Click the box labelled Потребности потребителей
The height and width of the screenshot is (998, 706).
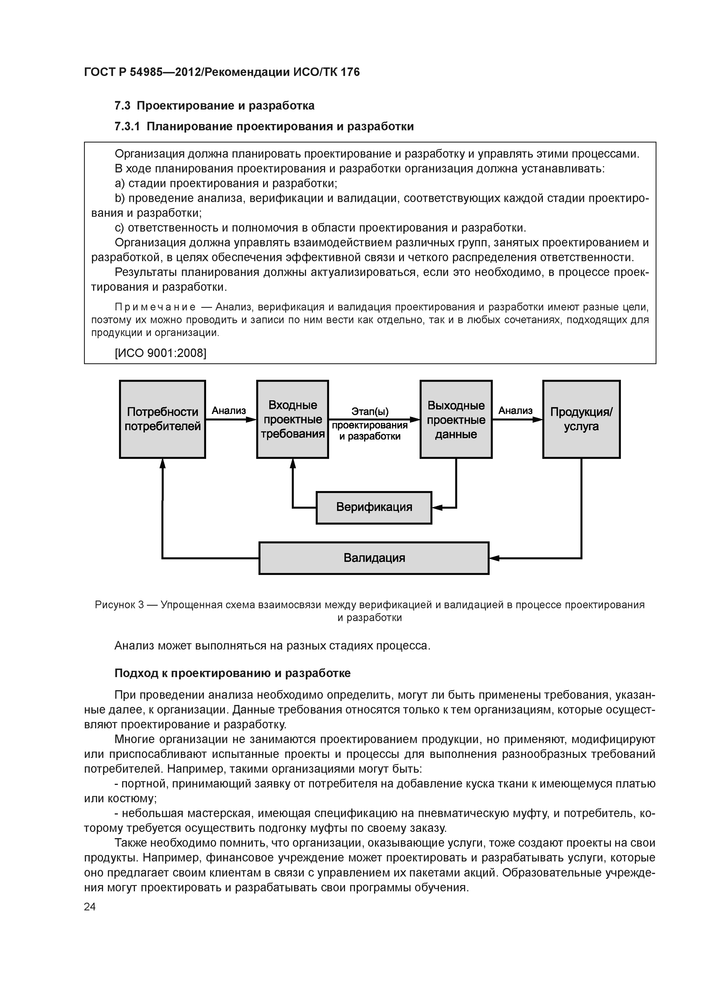[x=162, y=419]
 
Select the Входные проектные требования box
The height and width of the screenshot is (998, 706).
[x=292, y=419]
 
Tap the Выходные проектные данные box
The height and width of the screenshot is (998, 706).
[x=456, y=419]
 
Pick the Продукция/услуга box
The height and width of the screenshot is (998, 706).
[x=581, y=419]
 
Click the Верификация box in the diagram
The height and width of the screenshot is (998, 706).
[x=374, y=507]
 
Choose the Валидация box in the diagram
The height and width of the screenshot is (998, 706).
[x=374, y=558]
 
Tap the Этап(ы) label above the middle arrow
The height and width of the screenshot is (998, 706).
[x=370, y=411]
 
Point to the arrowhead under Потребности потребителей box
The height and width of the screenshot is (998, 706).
[x=163, y=463]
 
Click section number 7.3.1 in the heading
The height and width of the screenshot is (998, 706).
[x=127, y=127]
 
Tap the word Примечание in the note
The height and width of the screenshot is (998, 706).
[x=155, y=307]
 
